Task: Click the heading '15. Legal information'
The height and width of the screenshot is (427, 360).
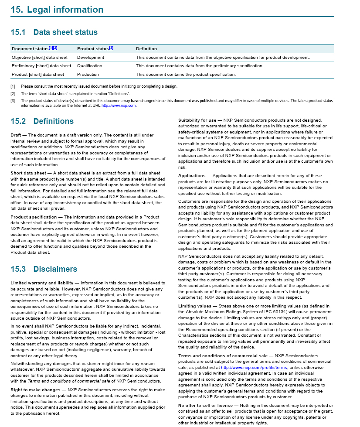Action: pos(57,10)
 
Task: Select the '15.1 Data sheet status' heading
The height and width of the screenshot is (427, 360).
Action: pos(54,32)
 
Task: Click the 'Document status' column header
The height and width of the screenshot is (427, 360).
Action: pos(30,49)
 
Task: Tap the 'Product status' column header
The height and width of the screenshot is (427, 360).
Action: pos(92,49)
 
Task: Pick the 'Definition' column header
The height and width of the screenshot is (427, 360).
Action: pos(146,49)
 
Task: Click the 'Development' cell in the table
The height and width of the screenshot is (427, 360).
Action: pos(91,58)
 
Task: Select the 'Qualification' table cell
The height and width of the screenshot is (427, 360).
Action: pos(89,66)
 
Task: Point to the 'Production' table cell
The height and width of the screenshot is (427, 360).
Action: pos(88,74)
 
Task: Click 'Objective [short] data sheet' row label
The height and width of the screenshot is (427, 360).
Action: pos(40,58)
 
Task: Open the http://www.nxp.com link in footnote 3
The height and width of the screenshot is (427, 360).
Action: pos(119,106)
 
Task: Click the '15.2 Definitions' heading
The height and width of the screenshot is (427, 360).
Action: pos(42,121)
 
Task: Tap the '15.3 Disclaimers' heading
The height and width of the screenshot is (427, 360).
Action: pos(44,269)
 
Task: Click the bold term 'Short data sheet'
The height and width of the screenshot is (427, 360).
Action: pos(27,173)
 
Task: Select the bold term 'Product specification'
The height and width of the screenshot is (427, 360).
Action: pos(34,217)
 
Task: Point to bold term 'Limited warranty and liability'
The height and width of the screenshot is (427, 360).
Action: pos(42,283)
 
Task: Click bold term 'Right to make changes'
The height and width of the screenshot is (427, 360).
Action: pos(35,389)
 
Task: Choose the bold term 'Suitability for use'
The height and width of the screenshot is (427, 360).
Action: pos(197,120)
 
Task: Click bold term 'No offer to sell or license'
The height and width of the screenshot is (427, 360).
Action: pos(206,406)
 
